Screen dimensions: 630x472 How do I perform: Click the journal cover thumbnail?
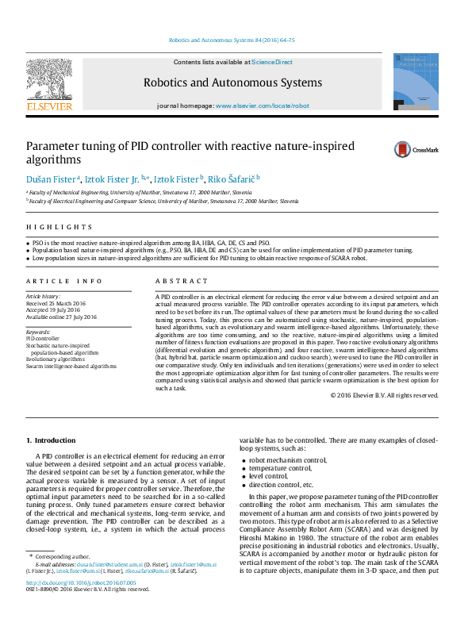pos(416,82)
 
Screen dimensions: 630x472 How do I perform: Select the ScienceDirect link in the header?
pos(272,62)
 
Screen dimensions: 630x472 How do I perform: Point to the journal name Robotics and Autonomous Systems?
pos(232,83)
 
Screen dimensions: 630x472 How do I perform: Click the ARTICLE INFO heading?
pos(64,281)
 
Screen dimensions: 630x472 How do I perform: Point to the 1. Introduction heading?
pos(51,440)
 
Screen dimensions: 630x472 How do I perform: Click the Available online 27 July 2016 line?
pos(62,317)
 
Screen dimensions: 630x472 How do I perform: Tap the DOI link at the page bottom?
pos(82,582)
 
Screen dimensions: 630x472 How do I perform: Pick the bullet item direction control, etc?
pos(282,485)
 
